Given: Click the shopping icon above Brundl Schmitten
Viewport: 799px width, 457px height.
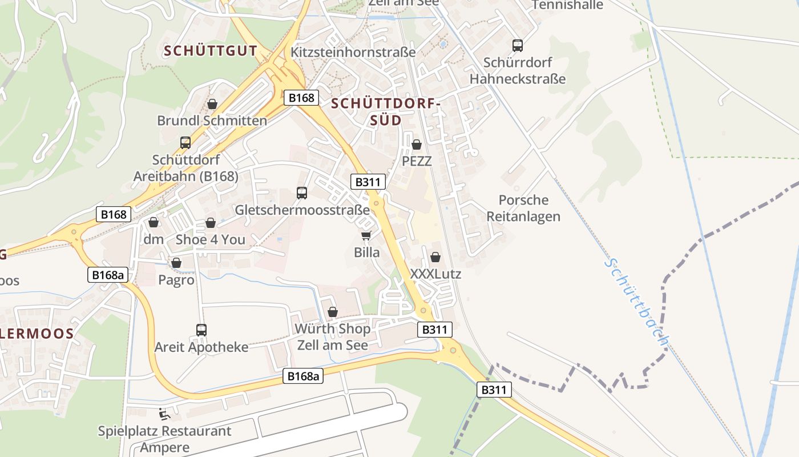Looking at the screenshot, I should click(x=212, y=104).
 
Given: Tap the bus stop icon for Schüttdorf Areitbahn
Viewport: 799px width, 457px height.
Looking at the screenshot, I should click(x=185, y=143).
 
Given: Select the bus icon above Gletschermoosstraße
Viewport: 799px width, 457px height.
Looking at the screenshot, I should click(x=302, y=193).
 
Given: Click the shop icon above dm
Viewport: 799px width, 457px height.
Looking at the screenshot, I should click(x=153, y=222).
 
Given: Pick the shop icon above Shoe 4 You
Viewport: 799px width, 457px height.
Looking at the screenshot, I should click(x=211, y=223).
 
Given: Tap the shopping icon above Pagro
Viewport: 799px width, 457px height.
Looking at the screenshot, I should click(x=176, y=263).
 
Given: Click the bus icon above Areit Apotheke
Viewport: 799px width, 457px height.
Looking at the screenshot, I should click(x=201, y=330).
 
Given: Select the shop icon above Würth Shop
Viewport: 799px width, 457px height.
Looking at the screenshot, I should click(x=333, y=312).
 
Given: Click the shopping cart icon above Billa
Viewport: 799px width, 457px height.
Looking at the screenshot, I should click(x=366, y=235).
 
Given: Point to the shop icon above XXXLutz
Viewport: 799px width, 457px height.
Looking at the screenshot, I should click(x=435, y=257).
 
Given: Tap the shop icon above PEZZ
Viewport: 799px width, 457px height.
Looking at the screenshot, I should click(x=417, y=145).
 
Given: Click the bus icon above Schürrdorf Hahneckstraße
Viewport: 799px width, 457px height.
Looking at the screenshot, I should click(x=518, y=46).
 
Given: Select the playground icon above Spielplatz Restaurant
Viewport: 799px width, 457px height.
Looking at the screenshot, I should click(x=164, y=413).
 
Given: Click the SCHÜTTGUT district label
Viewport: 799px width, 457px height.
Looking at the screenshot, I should click(x=211, y=51).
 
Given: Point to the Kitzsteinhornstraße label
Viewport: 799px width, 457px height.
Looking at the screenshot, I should click(x=353, y=52).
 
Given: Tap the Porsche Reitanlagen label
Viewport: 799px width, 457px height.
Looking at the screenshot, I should click(x=523, y=209).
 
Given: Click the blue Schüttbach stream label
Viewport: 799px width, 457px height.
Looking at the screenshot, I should click(x=636, y=303).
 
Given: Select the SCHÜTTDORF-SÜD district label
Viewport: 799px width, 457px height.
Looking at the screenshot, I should click(x=386, y=112).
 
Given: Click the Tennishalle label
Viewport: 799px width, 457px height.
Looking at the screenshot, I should click(x=567, y=5).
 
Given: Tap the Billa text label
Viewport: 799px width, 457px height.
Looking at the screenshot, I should click(x=366, y=252).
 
